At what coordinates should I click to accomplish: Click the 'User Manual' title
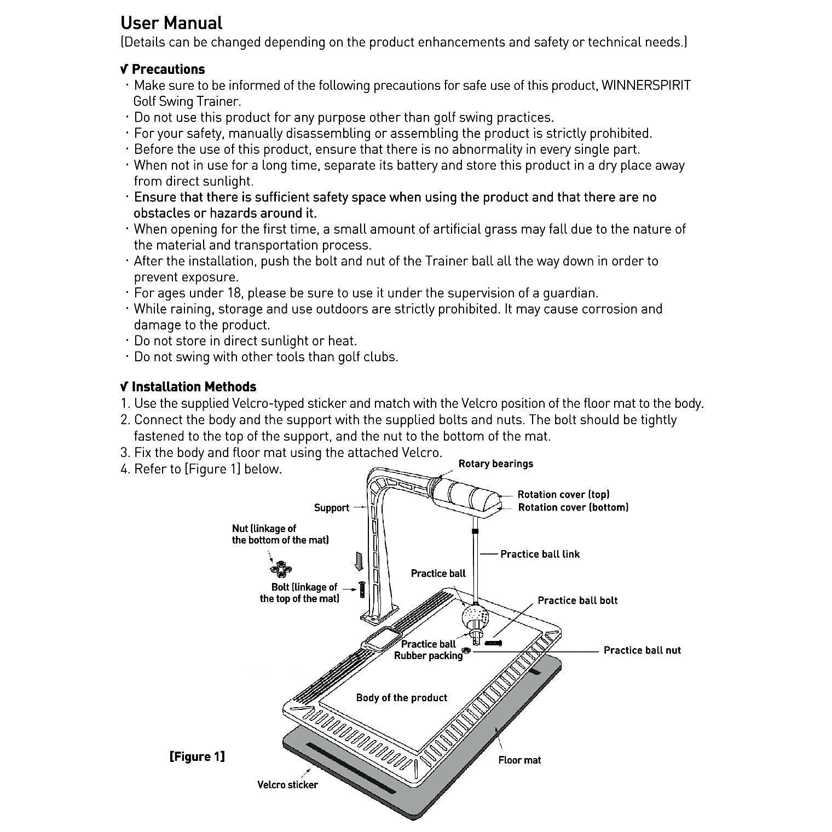(171, 23)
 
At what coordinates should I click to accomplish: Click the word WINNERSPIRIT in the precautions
(646, 85)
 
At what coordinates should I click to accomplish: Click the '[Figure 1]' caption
(197, 756)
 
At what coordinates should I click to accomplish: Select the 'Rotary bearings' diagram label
(495, 464)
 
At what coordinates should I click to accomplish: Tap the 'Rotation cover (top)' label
(563, 494)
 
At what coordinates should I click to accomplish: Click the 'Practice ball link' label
(540, 554)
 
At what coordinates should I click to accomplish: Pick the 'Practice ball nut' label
(642, 650)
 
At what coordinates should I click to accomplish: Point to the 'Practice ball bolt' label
(577, 600)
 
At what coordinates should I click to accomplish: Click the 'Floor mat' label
(519, 760)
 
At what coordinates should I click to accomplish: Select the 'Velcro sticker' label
(287, 785)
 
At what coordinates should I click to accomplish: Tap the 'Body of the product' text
(401, 698)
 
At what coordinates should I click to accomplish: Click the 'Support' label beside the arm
(331, 508)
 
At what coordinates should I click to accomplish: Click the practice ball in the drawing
(475, 617)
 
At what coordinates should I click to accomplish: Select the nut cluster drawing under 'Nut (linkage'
(281, 568)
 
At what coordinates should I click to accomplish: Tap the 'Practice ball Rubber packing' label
(428, 650)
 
